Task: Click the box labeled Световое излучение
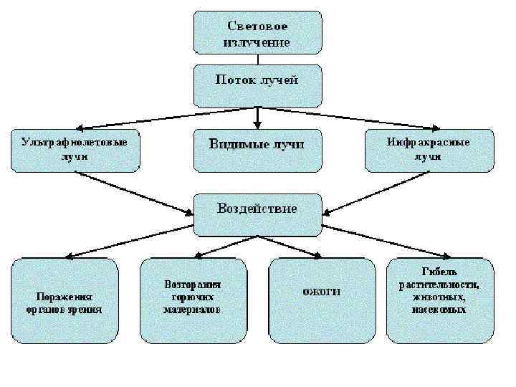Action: coord(257,32)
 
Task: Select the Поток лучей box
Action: coord(257,85)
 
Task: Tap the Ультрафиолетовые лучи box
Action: coord(75,150)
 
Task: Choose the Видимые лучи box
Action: coord(257,150)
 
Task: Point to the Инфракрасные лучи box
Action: coord(429,150)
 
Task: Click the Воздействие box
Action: coord(257,214)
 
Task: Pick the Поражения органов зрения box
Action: coord(65,301)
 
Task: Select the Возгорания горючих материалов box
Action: coord(192,301)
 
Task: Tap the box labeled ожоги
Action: coord(321,301)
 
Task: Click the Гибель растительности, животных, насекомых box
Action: coord(439,301)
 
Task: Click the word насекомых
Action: coord(439,310)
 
